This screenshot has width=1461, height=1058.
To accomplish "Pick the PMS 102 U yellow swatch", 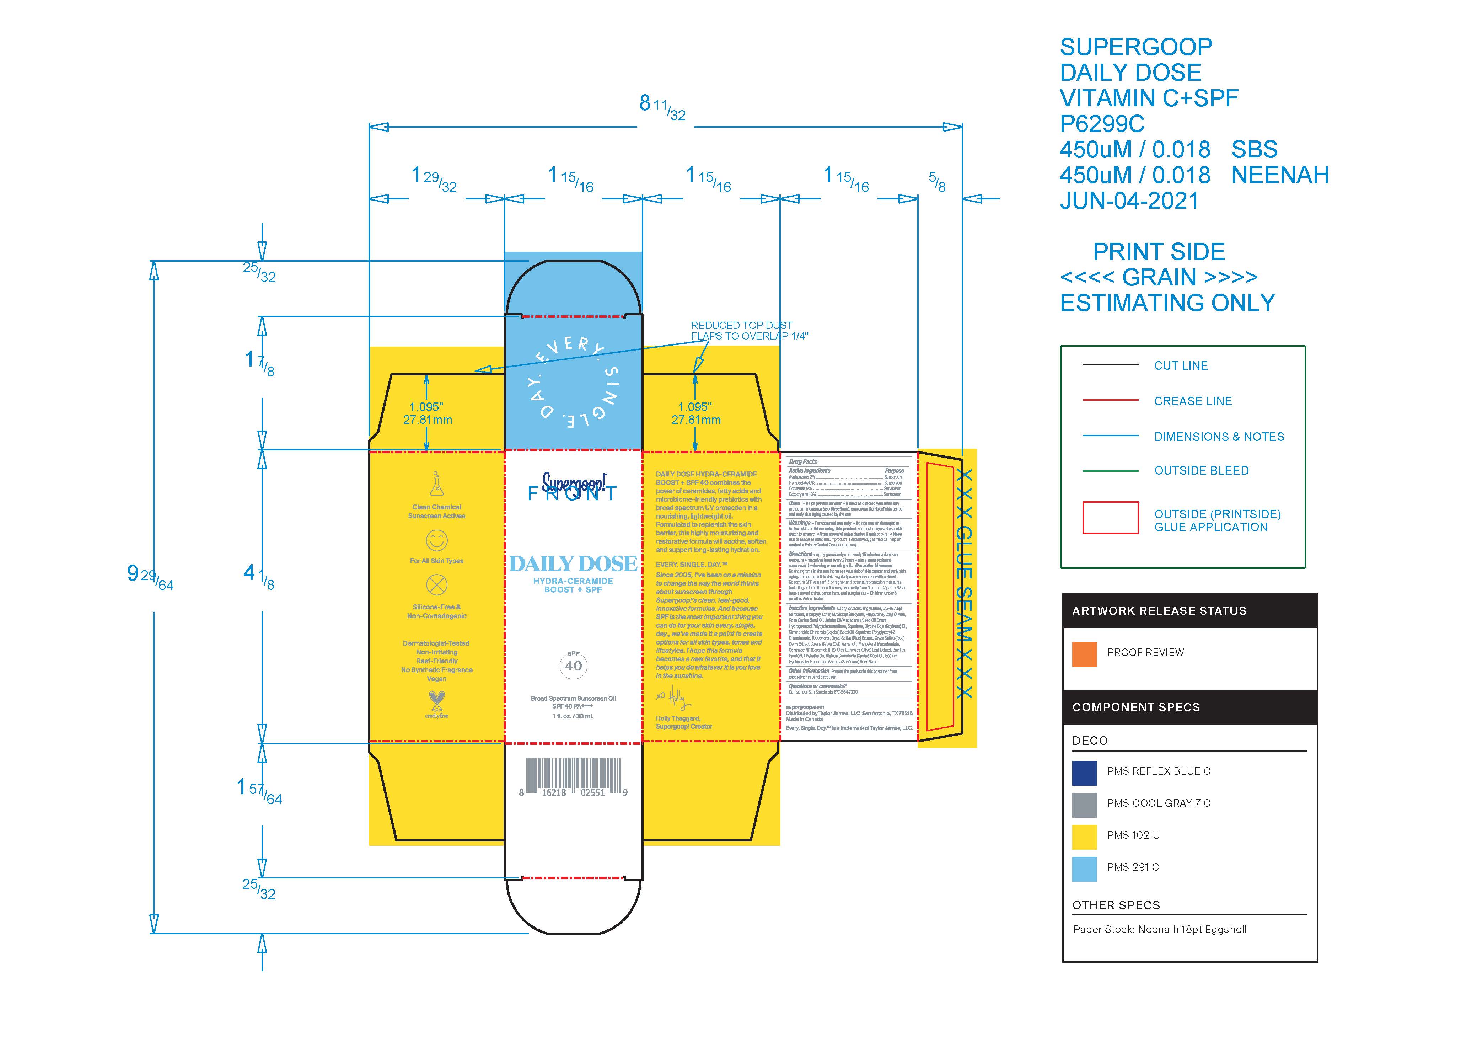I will click(x=1084, y=837).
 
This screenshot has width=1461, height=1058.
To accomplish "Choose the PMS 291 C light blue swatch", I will click(x=1084, y=869).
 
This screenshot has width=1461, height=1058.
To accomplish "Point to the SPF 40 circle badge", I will click(x=573, y=666).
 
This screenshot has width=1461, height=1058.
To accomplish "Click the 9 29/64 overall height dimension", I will click(x=150, y=575).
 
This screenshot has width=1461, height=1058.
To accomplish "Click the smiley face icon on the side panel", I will click(x=437, y=540).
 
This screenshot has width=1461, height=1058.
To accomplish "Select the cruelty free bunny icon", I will click(x=437, y=701).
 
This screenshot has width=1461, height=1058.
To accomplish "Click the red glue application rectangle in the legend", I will click(x=1110, y=517).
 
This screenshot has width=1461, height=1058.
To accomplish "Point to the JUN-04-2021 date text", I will click(x=1129, y=201).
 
